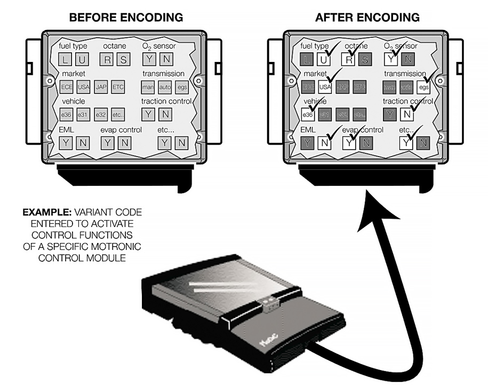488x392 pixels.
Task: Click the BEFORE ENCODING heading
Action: [126, 18]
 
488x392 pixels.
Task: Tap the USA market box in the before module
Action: [84, 87]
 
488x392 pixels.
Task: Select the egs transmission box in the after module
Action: [423, 87]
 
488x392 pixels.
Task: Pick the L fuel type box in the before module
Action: [65, 59]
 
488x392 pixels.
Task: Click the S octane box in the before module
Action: [123, 59]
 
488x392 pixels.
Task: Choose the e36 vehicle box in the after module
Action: [308, 114]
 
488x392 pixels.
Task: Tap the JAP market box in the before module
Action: [101, 87]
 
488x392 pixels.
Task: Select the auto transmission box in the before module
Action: [165, 87]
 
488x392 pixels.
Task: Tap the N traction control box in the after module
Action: [407, 114]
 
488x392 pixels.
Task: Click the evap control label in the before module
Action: [122, 130]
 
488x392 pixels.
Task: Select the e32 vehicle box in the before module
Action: [101, 114]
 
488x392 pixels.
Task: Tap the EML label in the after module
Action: [308, 130]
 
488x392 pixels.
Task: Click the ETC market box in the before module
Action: [118, 87]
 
